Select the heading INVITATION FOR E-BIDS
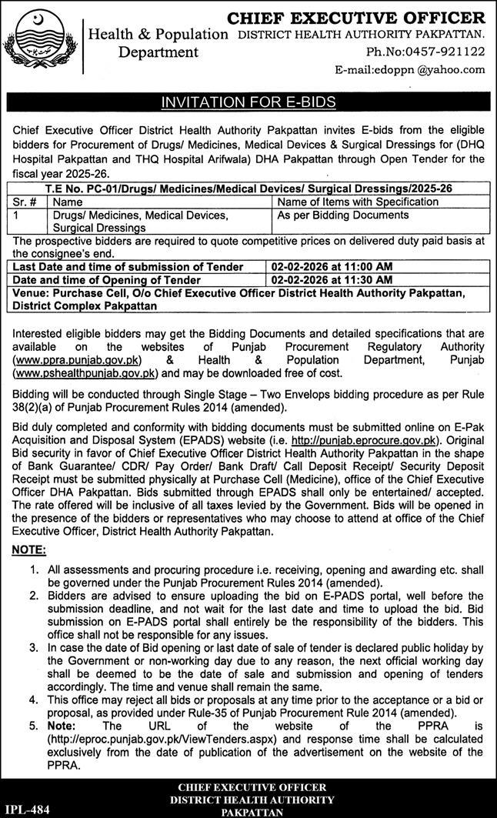click(248, 102)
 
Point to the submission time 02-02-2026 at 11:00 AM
click(332, 266)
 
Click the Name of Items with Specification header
click(357, 202)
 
